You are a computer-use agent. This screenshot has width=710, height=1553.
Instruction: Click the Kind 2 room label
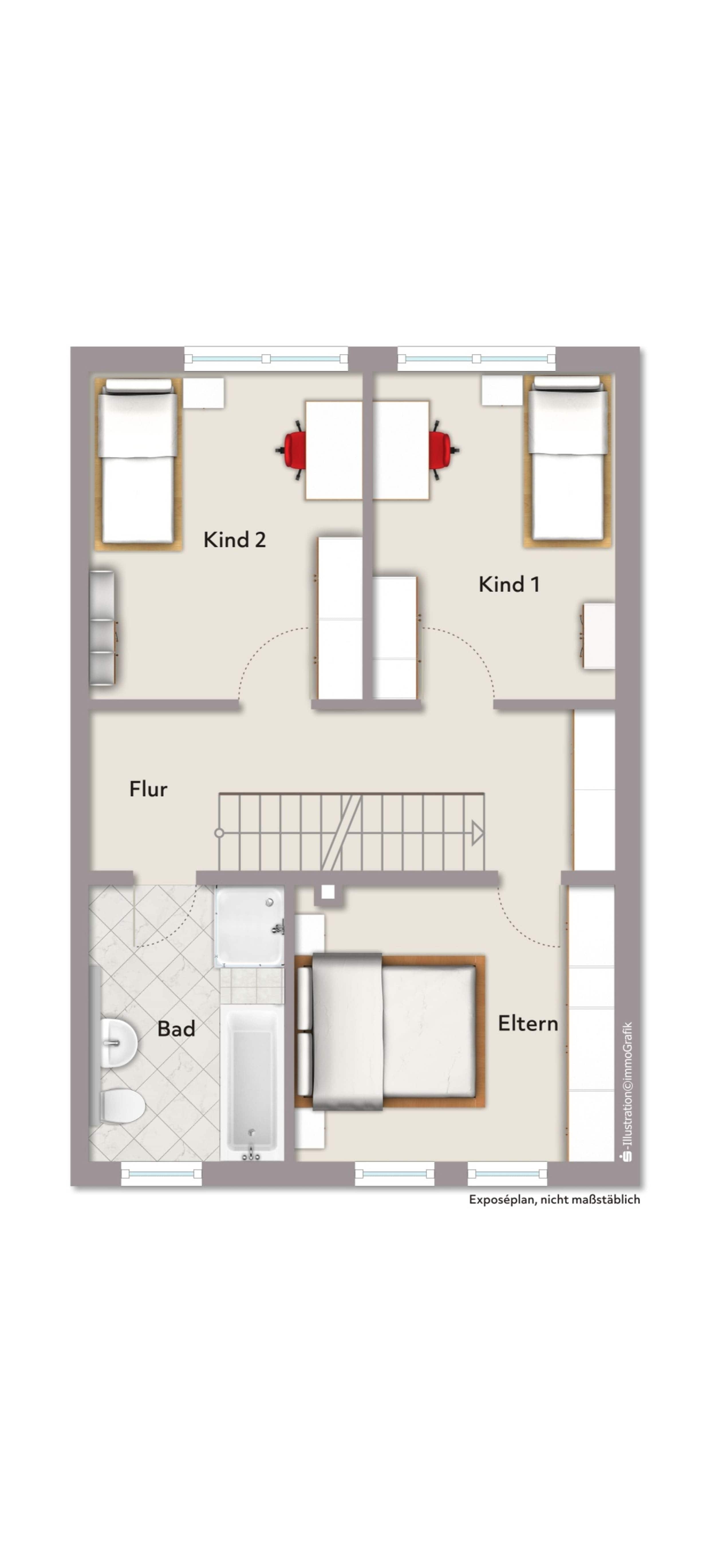234,540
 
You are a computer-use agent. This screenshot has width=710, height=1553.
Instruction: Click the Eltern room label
528,1023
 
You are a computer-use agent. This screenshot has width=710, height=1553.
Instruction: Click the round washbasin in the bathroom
119,1043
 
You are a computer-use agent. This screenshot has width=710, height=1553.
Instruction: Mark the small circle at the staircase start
219,833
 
